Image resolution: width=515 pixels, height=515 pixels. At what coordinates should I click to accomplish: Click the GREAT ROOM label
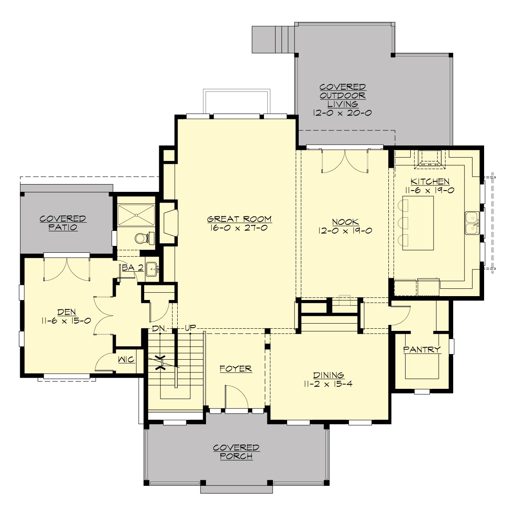click(239, 219)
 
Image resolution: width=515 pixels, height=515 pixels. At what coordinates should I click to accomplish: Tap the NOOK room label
click(345, 222)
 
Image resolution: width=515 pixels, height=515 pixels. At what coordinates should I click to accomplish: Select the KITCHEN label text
click(430, 182)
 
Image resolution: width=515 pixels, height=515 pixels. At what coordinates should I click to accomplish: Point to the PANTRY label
click(422, 350)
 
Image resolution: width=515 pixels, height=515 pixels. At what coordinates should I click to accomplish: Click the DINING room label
click(328, 375)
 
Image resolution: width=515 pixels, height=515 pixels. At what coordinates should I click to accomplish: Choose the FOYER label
click(236, 369)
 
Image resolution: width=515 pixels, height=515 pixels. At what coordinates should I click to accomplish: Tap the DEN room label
click(66, 312)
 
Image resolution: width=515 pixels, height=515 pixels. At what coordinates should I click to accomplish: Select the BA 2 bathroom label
click(132, 268)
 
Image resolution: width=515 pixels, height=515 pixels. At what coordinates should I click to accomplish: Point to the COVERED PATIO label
click(63, 223)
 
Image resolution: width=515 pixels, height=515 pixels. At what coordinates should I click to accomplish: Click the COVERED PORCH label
click(236, 452)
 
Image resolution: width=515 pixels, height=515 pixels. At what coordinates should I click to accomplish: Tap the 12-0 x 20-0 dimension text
click(342, 113)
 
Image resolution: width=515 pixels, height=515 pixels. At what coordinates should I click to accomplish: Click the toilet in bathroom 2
click(142, 237)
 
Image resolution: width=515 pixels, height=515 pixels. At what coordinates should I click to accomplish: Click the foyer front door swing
click(236, 397)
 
